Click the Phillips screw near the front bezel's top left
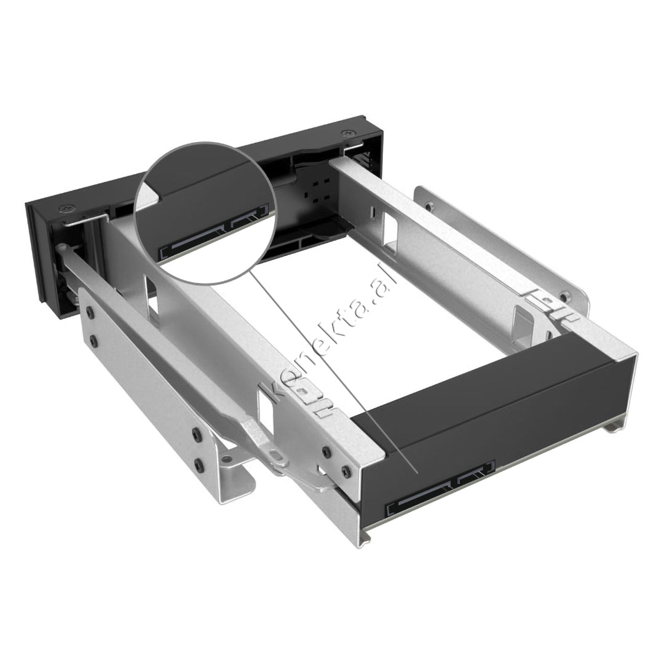coord(65,209)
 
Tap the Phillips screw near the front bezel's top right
coord(348,132)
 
